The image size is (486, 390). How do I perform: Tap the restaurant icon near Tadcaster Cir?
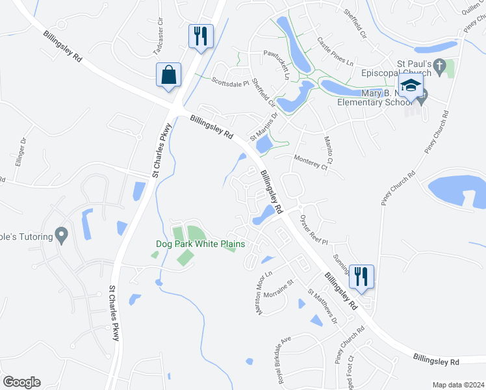201,36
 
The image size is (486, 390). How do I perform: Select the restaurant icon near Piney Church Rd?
360,276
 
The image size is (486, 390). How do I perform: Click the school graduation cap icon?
411,85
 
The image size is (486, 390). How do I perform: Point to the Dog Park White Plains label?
201,244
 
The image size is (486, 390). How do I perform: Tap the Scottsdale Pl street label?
231,81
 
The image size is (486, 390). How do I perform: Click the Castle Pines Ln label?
335,51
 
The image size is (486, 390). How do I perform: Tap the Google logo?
21,382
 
